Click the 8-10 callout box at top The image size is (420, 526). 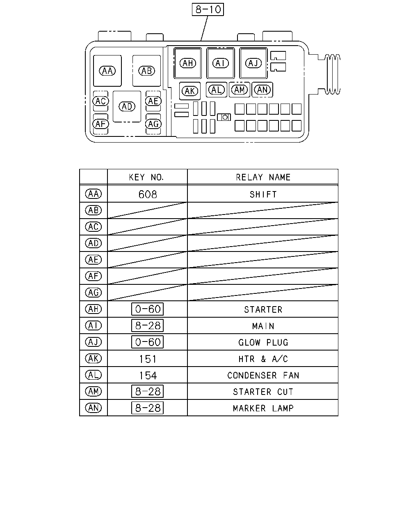208,9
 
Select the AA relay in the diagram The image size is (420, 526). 107,71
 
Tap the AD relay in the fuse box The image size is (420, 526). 127,106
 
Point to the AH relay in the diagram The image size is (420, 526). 188,63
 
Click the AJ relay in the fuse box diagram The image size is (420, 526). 253,63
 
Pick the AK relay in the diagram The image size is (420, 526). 189,91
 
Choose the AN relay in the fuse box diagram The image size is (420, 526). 262,90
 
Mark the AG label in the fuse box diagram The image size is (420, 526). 153,124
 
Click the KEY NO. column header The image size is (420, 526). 146,177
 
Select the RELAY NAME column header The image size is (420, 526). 263,177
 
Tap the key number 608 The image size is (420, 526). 148,194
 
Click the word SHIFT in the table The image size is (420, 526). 263,194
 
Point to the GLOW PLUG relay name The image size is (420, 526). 263,342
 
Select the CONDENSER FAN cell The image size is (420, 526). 263,375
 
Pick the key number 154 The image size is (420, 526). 148,376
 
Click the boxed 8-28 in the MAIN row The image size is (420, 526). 147,325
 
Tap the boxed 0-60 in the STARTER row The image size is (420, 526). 147,309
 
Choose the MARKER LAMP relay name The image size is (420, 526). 263,408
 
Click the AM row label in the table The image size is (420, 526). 93,391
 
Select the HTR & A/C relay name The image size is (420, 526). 263,359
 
